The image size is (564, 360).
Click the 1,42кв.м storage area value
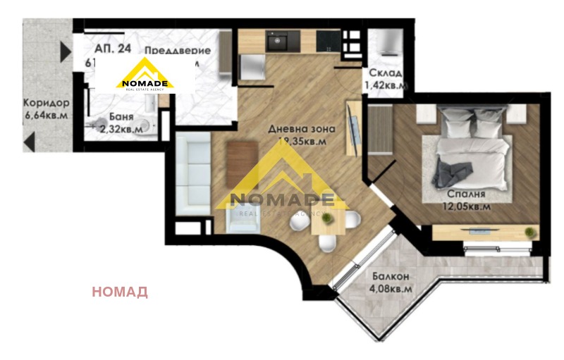pos(385,86)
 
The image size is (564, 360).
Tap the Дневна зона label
pos(300,129)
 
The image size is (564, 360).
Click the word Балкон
pos(388,275)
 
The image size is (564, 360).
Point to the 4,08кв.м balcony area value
pos(388,287)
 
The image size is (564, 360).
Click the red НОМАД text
pos(120,292)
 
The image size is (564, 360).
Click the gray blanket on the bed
pos(451,173)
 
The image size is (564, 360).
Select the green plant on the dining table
pos(326,220)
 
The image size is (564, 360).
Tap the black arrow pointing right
pos(66,51)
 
